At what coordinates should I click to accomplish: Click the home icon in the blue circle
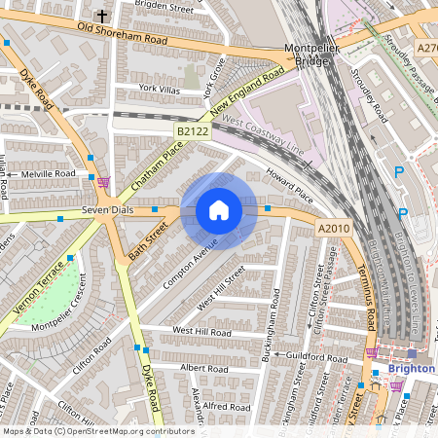click(219, 210)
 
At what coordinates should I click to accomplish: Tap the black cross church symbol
click(102, 16)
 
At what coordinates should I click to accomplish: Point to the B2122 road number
click(193, 128)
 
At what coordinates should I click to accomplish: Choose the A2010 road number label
click(334, 228)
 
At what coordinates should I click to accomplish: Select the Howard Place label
click(289, 189)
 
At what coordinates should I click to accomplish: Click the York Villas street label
click(160, 89)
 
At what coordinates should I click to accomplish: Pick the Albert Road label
click(203, 369)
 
